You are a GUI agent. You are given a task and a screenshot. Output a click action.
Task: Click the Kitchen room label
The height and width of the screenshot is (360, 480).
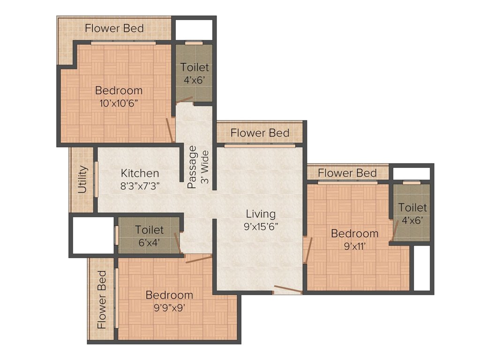click(140, 173)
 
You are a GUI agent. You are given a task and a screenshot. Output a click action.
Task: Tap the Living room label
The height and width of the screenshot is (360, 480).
click(261, 214)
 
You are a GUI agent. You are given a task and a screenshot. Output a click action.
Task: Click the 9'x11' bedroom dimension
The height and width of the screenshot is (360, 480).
click(354, 246)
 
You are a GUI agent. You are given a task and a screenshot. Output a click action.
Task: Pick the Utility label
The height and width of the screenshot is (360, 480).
click(82, 180)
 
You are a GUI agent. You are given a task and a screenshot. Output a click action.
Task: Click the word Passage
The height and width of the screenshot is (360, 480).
click(192, 167)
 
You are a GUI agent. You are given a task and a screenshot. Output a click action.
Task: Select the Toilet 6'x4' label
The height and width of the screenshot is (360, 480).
click(150, 230)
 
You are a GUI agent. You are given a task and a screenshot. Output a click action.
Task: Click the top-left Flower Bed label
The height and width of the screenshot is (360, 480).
click(114, 28)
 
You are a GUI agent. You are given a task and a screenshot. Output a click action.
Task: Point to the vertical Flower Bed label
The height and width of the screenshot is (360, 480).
click(102, 299)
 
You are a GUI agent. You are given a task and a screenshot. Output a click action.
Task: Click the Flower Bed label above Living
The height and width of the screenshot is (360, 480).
click(260, 133)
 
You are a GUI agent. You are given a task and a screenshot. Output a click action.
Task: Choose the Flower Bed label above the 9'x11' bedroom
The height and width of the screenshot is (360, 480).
click(347, 173)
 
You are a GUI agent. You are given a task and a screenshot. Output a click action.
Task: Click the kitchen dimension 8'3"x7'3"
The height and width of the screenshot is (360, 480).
click(140, 186)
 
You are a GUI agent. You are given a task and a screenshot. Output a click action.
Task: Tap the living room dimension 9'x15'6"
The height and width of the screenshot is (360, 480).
click(261, 227)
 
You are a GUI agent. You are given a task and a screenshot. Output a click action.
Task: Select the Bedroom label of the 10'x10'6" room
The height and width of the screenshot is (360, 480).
click(119, 90)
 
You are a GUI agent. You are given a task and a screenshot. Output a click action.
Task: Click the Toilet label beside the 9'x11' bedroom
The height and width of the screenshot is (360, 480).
click(412, 207)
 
